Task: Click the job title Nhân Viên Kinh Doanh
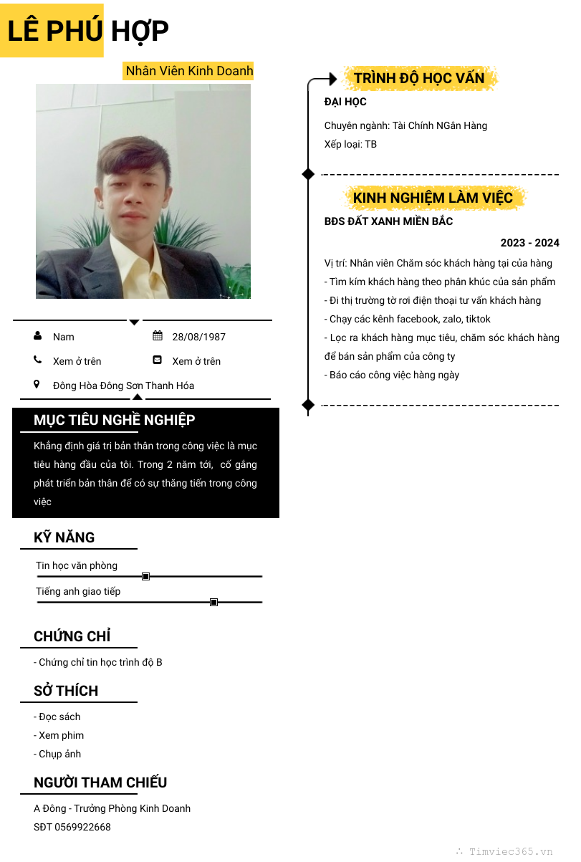pos(189,70)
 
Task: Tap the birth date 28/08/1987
pos(198,337)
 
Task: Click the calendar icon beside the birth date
pos(158,335)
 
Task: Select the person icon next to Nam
pos(37,335)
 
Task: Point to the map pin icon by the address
pos(37,384)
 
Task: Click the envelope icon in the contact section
pos(158,360)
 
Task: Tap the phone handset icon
pos(37,360)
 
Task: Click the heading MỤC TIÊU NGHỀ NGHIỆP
pos(115,420)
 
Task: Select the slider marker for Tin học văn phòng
pos(145,576)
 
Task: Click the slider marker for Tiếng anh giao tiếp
pos(213,602)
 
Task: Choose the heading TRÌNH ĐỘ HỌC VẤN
pos(419,78)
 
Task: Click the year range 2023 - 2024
pos(529,243)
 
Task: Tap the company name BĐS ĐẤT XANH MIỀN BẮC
pos(388,221)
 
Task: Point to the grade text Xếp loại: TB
pos(350,144)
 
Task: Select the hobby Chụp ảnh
pos(59,754)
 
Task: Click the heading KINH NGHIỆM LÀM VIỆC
pos(433,198)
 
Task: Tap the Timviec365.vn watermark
pos(510,851)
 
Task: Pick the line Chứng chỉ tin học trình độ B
pos(100,662)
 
